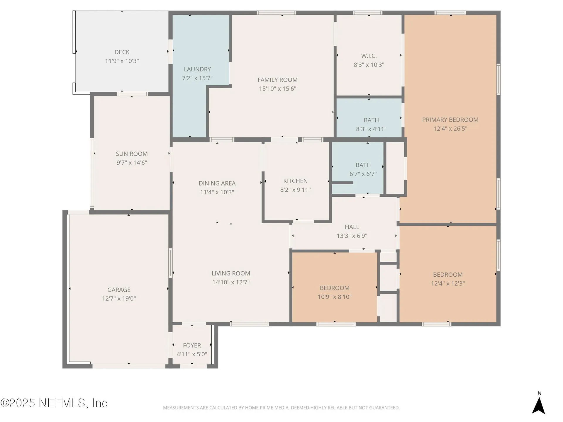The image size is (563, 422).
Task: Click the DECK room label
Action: pyautogui.click(x=122, y=52)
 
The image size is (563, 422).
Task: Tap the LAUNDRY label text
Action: pyautogui.click(x=197, y=69)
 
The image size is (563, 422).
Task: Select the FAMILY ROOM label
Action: pyautogui.click(x=277, y=80)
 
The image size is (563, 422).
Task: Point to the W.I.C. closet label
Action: pyautogui.click(x=369, y=56)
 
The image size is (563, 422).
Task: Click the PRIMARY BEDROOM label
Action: pyautogui.click(x=450, y=120)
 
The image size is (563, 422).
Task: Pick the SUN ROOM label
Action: pyautogui.click(x=132, y=154)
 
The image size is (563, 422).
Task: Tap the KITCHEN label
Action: pyautogui.click(x=295, y=181)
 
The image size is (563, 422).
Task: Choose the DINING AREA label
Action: pyautogui.click(x=217, y=183)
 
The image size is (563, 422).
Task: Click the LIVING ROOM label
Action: pyautogui.click(x=231, y=273)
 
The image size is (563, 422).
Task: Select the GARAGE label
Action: pyautogui.click(x=119, y=290)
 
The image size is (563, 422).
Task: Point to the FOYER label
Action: pyautogui.click(x=192, y=346)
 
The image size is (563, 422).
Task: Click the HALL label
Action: pyautogui.click(x=352, y=227)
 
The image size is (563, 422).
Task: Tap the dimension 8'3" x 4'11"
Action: pyautogui.click(x=371, y=129)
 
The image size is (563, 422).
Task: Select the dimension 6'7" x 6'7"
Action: pyautogui.click(x=363, y=174)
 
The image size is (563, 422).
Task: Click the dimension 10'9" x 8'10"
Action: pyautogui.click(x=335, y=297)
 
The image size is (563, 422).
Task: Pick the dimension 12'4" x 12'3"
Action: pyautogui.click(x=448, y=284)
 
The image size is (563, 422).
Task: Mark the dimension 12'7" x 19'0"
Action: pyautogui.click(x=119, y=299)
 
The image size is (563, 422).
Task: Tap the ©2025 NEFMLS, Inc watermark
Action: pyautogui.click(x=54, y=403)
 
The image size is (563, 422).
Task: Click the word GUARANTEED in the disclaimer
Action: pyautogui.click(x=385, y=408)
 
